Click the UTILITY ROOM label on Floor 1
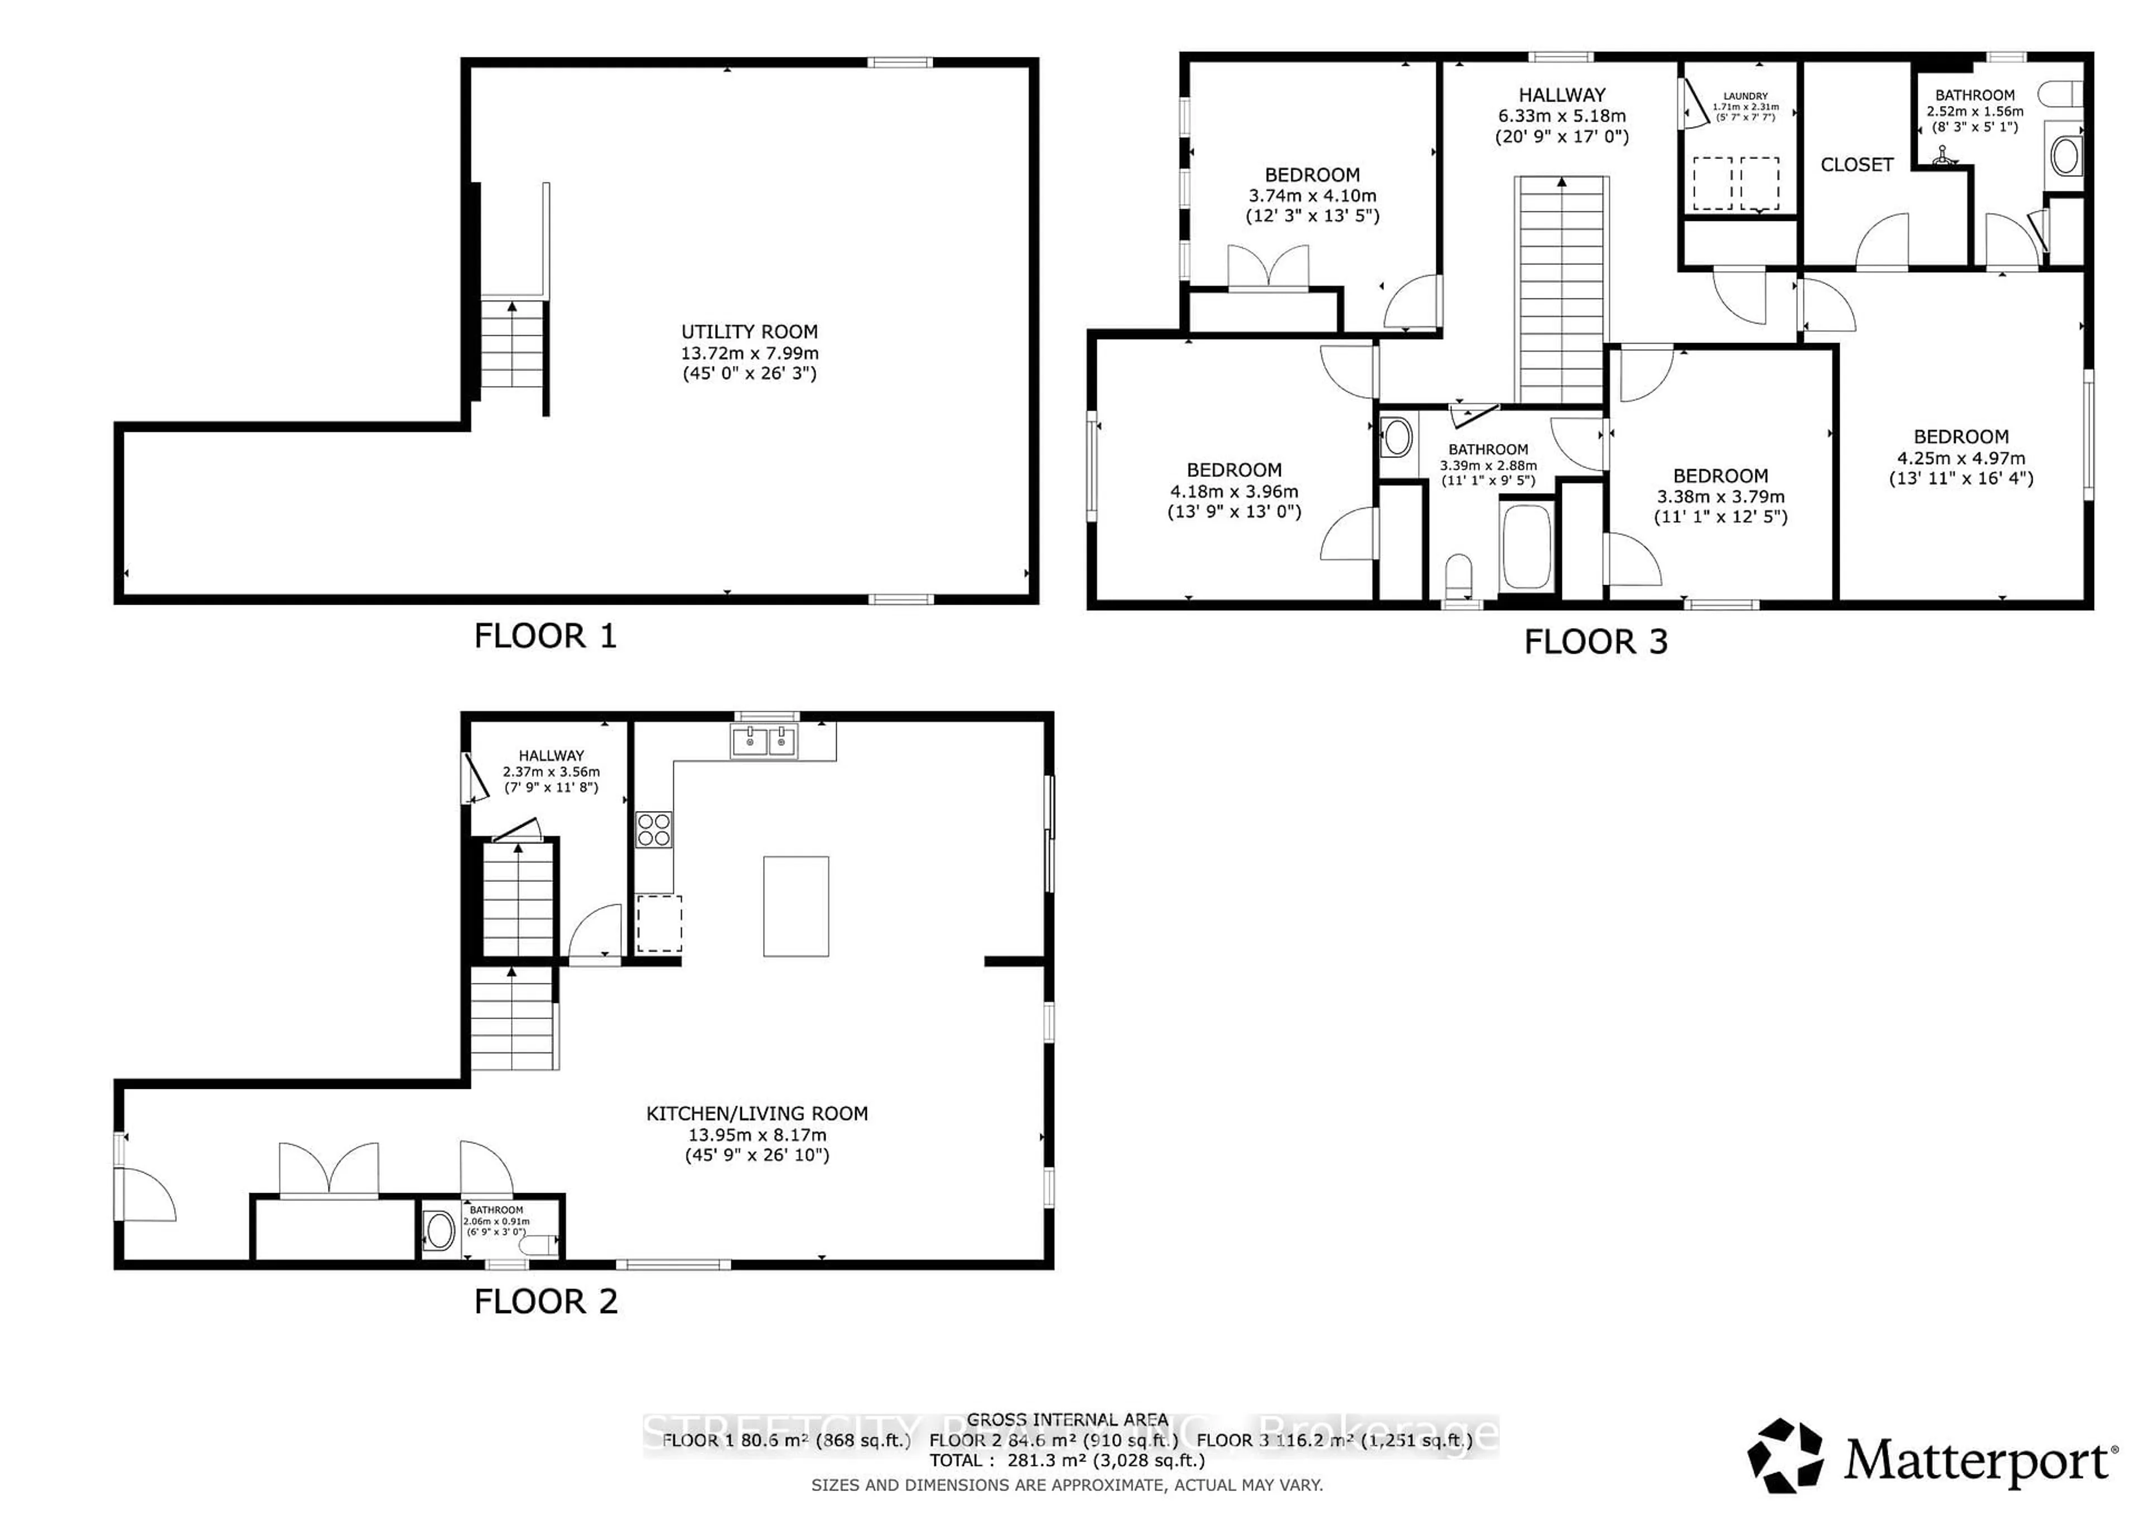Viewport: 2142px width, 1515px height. [x=749, y=332]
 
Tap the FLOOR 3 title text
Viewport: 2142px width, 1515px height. [x=1595, y=642]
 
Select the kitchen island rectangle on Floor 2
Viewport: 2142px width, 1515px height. [x=796, y=906]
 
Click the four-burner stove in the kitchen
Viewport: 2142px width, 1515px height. [x=653, y=829]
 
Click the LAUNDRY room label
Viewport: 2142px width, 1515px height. [x=1745, y=96]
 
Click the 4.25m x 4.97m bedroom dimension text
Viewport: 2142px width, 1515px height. [x=1961, y=458]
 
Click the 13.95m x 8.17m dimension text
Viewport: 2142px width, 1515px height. [x=756, y=1135]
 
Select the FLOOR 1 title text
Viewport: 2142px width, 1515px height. [x=545, y=636]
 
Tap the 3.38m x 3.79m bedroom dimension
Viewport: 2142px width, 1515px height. [x=1720, y=496]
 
